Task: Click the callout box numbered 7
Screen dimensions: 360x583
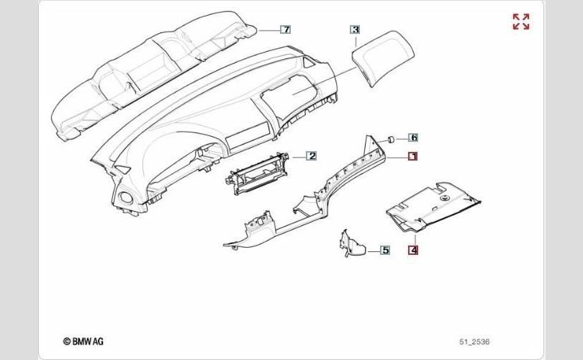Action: [x=286, y=30]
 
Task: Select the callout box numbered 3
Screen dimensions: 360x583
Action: [x=355, y=30]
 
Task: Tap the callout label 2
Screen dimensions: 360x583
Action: [x=312, y=156]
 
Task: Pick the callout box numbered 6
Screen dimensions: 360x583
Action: [x=414, y=137]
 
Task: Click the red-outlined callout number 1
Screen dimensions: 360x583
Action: [x=414, y=156]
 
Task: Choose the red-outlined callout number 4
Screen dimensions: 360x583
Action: [x=413, y=251]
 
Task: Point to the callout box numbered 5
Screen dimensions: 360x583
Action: [x=385, y=250]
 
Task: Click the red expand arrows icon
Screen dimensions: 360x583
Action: [x=520, y=22]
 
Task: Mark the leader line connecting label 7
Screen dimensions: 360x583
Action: [x=268, y=30]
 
